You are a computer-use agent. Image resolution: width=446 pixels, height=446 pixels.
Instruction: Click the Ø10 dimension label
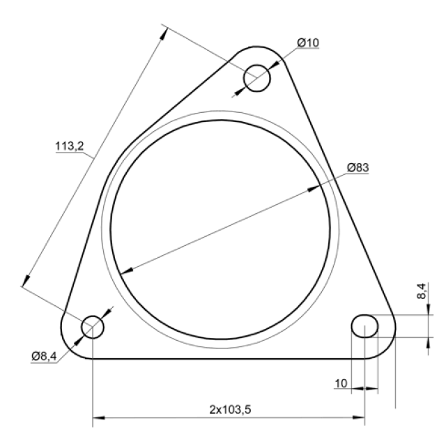click(308, 43)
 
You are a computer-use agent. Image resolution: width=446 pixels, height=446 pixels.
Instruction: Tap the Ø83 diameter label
click(357, 167)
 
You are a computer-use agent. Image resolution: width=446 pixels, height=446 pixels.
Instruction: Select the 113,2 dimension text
click(70, 146)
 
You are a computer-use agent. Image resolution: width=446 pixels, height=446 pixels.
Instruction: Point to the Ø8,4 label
click(44, 356)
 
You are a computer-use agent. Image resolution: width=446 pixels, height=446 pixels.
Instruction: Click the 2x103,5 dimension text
click(231, 410)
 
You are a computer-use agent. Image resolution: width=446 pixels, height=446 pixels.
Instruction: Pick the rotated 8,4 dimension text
click(422, 291)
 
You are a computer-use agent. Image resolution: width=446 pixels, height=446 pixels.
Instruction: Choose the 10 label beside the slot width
click(341, 384)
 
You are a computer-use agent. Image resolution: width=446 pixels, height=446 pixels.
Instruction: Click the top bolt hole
click(257, 78)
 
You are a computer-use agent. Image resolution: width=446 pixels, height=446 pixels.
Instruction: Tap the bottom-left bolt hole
click(93, 327)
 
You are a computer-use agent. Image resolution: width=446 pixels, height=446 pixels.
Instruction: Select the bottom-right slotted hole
click(365, 326)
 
